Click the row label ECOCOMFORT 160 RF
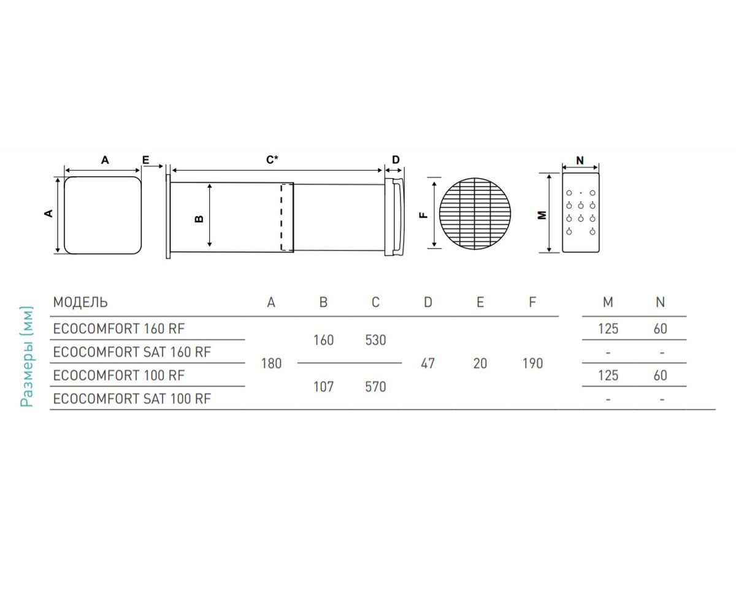pyautogui.click(x=118, y=329)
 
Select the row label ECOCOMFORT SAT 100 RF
pyautogui.click(x=132, y=399)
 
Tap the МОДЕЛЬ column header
pyautogui.click(x=80, y=302)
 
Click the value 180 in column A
pyautogui.click(x=271, y=364)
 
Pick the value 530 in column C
pyautogui.click(x=375, y=340)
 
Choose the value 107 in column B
pyautogui.click(x=323, y=387)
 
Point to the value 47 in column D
pyautogui.click(x=427, y=364)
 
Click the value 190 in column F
pyautogui.click(x=532, y=364)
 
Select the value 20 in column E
pyautogui.click(x=480, y=364)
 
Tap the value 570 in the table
pyautogui.click(x=375, y=387)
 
